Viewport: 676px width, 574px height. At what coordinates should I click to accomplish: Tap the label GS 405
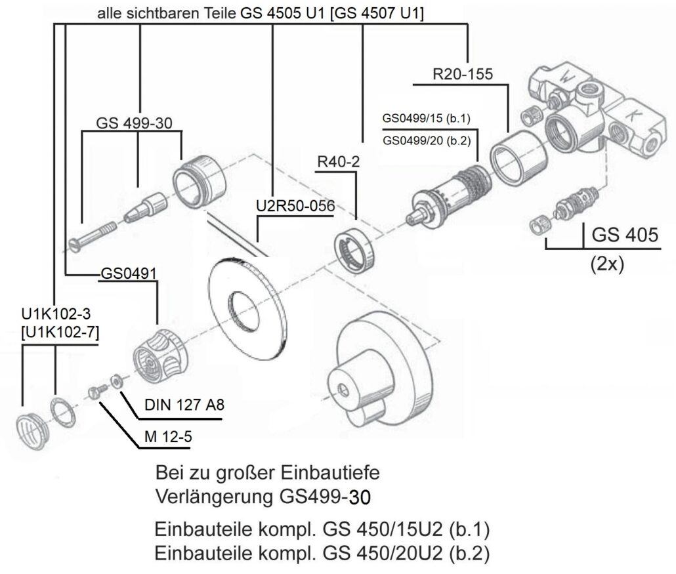(624, 235)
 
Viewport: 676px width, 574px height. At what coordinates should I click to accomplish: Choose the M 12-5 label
(164, 435)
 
